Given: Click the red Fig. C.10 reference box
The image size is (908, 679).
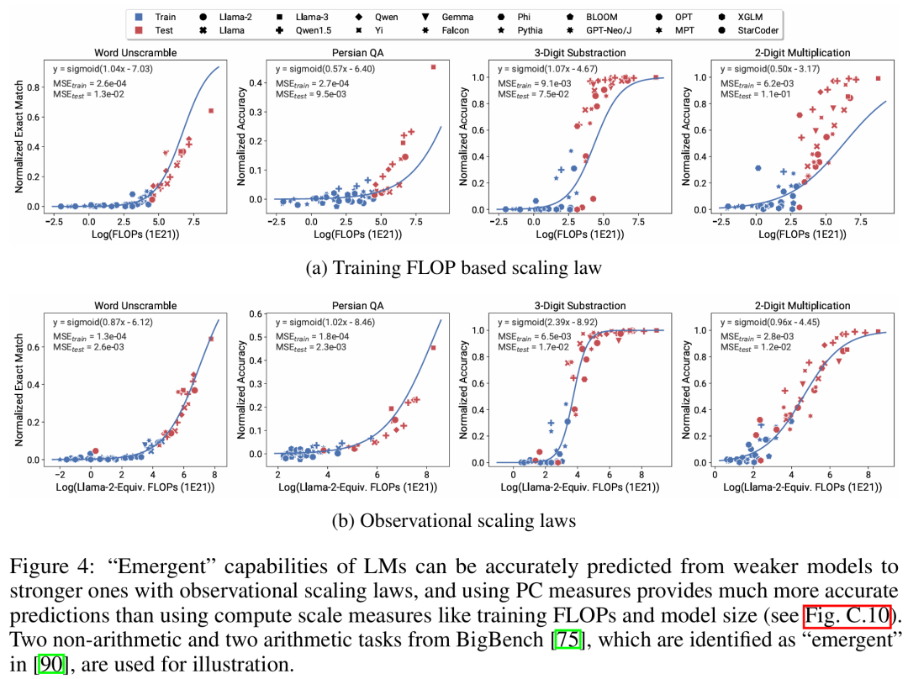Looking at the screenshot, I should tap(846, 616).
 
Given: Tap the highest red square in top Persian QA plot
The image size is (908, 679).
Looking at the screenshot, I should tap(433, 67).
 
